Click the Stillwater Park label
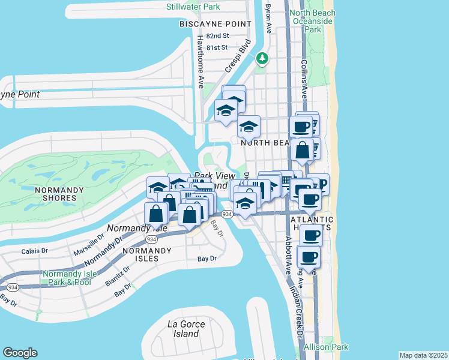point(193,7)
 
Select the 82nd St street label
point(217,36)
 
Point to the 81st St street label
point(217,47)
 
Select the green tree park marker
point(262,58)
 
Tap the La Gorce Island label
point(186,329)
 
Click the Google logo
point(20,352)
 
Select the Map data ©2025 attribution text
point(423,355)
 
